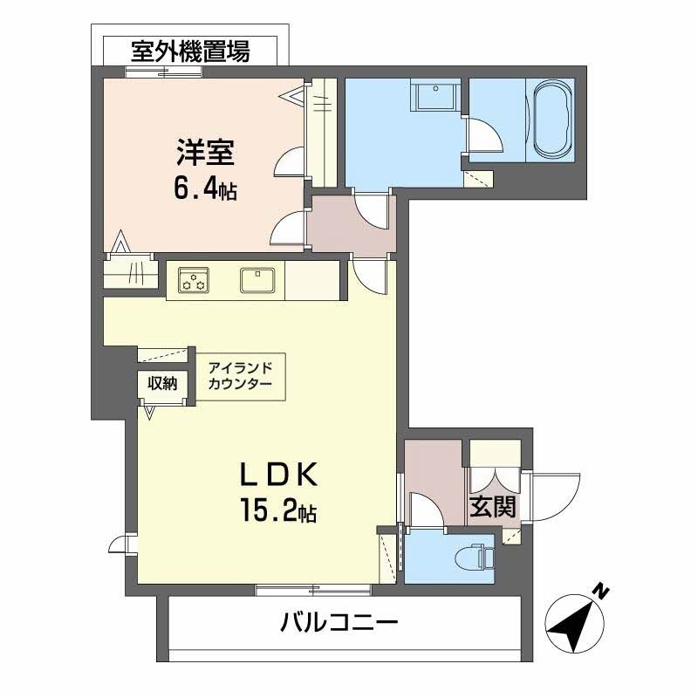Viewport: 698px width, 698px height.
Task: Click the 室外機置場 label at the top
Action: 190,51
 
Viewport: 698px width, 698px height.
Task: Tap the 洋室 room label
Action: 205,154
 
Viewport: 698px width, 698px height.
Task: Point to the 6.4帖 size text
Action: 205,189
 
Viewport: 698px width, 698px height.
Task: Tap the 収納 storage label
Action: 161,383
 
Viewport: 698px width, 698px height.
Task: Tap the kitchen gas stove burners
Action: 194,281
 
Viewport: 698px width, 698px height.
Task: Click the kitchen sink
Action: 258,280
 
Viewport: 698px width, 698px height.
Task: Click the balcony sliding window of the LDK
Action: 313,590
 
